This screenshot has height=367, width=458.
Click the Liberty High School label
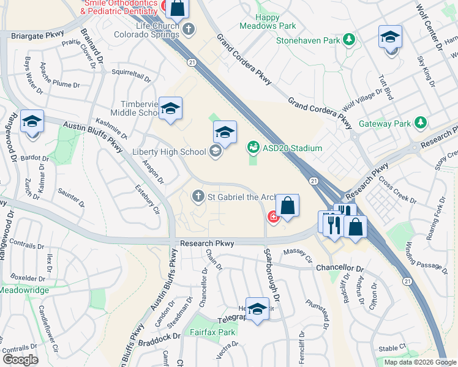[x=168, y=151]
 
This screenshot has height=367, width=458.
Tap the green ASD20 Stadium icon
[x=252, y=147]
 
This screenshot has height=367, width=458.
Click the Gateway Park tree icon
[x=420, y=123]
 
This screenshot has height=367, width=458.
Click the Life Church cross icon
[x=189, y=28]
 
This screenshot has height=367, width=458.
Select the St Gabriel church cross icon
[x=198, y=196]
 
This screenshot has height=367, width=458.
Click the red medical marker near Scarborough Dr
[x=272, y=217]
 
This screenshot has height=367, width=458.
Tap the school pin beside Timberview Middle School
[x=171, y=108]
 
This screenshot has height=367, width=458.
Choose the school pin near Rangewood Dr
[x=32, y=121]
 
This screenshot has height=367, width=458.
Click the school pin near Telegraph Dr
[x=257, y=309]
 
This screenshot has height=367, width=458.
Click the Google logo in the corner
[x=20, y=360]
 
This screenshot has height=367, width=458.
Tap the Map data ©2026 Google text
[x=420, y=362]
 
